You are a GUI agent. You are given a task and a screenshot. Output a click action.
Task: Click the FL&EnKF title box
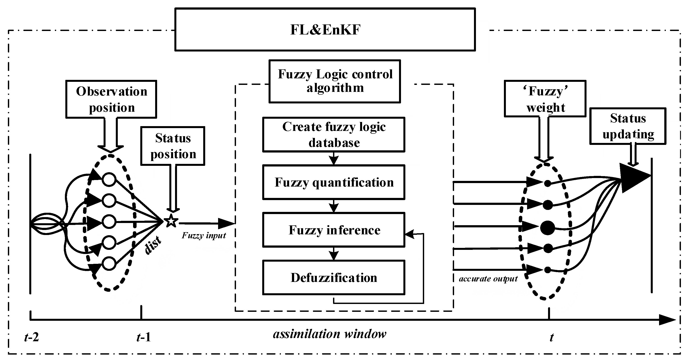pyautogui.click(x=325, y=29)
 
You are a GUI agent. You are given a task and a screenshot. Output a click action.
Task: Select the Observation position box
pyautogui.click(x=111, y=99)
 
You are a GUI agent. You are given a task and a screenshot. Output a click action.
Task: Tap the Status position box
pyautogui.click(x=173, y=146)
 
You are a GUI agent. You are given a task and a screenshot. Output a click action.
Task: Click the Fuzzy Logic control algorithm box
pyautogui.click(x=335, y=81)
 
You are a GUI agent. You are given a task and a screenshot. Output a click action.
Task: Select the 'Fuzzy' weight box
pyautogui.click(x=545, y=99)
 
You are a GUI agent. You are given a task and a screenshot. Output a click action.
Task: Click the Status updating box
pyautogui.click(x=628, y=126)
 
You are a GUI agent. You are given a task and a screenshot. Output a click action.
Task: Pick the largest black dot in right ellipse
pyautogui.click(x=547, y=228)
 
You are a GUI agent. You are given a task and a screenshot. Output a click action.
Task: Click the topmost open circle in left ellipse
pyautogui.click(x=109, y=179)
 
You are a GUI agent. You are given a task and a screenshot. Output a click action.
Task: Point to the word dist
pyautogui.click(x=153, y=245)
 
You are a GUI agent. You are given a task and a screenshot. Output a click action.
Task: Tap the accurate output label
pyautogui.click(x=488, y=279)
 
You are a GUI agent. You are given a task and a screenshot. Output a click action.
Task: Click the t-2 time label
pyautogui.click(x=31, y=337)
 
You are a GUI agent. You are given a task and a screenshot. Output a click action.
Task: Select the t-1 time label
pyautogui.click(x=144, y=337)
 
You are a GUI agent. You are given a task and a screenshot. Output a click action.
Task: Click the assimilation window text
pyautogui.click(x=330, y=334)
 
